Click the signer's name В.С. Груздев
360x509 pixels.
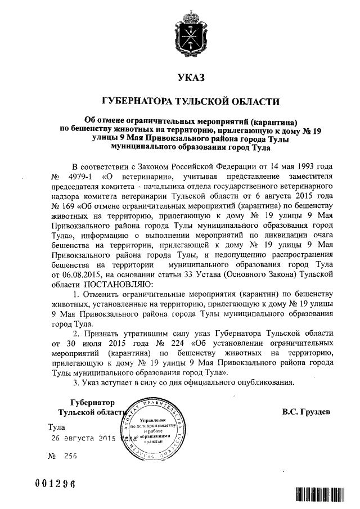pos(307,411)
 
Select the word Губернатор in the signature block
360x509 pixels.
pos(93,403)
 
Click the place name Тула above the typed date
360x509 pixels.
pos(57,427)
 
